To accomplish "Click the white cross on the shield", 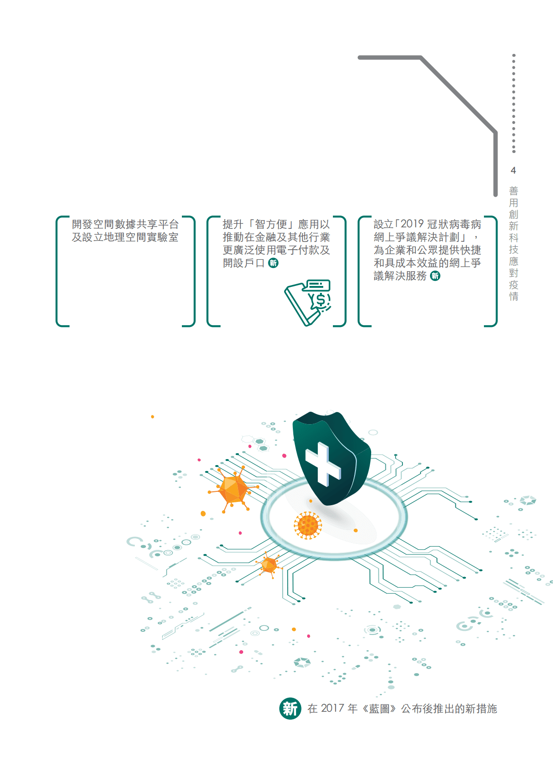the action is pyautogui.click(x=323, y=463).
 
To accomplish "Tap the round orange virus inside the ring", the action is pyautogui.click(x=308, y=525).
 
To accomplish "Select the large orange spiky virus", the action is pyautogui.click(x=233, y=489).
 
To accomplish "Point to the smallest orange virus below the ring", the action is pyautogui.click(x=269, y=565).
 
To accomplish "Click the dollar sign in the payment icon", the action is pyautogui.click(x=321, y=300).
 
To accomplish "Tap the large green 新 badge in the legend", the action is pyautogui.click(x=290, y=708).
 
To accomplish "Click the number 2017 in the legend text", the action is pyautogui.click(x=332, y=708).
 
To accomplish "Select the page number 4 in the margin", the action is pyautogui.click(x=513, y=170).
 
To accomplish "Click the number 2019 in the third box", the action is pyautogui.click(x=412, y=224).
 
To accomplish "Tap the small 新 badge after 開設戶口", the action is pyautogui.click(x=274, y=263).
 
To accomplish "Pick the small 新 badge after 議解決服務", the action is pyautogui.click(x=435, y=276).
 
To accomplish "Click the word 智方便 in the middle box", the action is pyautogui.click(x=271, y=224).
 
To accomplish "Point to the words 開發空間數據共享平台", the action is pyautogui.click(x=125, y=224).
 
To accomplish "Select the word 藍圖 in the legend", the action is pyautogui.click(x=379, y=708).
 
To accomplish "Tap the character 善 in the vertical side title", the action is pyautogui.click(x=513, y=191).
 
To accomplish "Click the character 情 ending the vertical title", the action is pyautogui.click(x=513, y=297).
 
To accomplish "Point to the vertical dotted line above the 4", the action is pyautogui.click(x=514, y=104).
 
